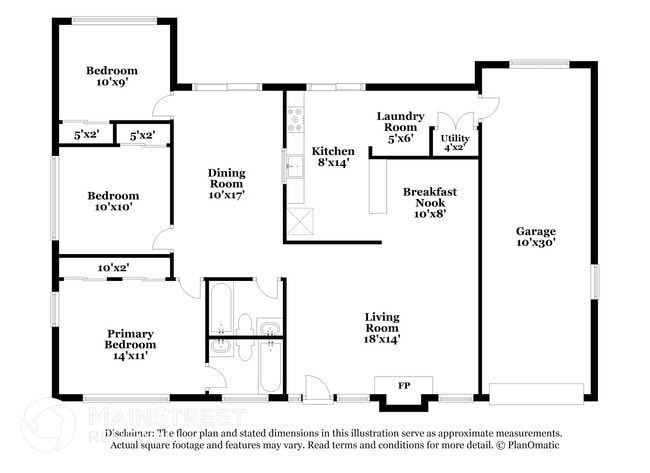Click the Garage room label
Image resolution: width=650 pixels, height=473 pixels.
[x=536, y=229]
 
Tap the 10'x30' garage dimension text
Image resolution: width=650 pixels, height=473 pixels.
[x=536, y=242]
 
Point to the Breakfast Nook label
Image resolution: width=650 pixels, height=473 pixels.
[x=430, y=197]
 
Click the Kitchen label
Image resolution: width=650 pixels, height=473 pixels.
[x=333, y=150]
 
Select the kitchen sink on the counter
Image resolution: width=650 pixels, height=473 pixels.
[x=294, y=167]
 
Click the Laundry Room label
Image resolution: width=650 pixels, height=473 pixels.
[x=401, y=121]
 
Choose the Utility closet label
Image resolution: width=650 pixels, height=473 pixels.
[x=455, y=138]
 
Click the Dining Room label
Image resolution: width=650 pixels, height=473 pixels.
[x=226, y=178]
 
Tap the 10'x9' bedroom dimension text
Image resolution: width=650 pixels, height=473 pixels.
[x=111, y=83]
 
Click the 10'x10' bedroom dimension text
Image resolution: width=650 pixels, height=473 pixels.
[x=111, y=208]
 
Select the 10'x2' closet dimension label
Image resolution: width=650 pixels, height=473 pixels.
[x=113, y=267]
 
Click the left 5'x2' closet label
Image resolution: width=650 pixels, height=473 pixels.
[x=86, y=134]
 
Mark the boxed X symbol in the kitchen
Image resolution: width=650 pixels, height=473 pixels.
[x=297, y=220]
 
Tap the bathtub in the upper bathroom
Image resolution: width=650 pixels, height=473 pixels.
[x=219, y=307]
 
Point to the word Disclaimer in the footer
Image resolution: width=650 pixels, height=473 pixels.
[x=130, y=434]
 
